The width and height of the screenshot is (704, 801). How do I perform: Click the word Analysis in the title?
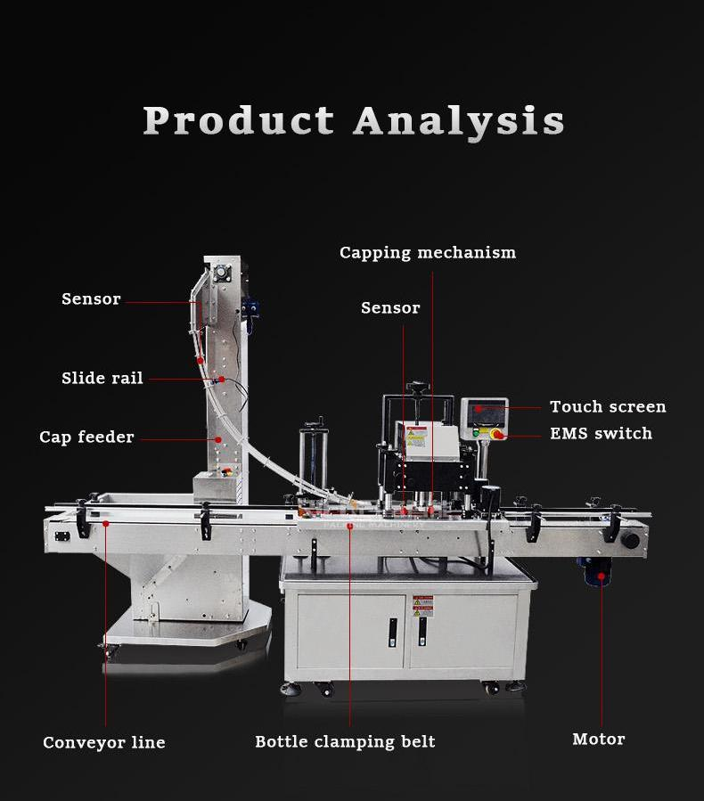[x=459, y=121]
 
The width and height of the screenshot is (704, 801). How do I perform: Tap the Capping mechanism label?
[x=428, y=252]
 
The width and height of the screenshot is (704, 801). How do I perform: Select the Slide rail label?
[x=102, y=378]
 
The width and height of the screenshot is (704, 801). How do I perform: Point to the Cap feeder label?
[x=86, y=437]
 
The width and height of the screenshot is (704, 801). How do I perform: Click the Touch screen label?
[x=608, y=406]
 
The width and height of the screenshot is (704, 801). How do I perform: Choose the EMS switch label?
[x=601, y=433]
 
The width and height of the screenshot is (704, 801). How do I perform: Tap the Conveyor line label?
[x=104, y=742]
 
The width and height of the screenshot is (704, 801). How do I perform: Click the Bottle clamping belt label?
[x=345, y=741]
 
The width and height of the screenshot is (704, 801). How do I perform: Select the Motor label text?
[x=599, y=739]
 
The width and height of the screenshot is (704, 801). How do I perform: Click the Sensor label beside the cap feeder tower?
[x=91, y=298]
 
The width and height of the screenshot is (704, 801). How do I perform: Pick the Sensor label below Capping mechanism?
[x=390, y=307]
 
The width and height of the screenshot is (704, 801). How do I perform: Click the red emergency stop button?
[x=496, y=435]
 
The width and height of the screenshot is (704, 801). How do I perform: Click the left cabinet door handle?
[x=390, y=633]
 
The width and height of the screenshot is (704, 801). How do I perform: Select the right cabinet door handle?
[x=422, y=633]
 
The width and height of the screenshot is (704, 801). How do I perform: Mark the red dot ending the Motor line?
[x=602, y=576]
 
